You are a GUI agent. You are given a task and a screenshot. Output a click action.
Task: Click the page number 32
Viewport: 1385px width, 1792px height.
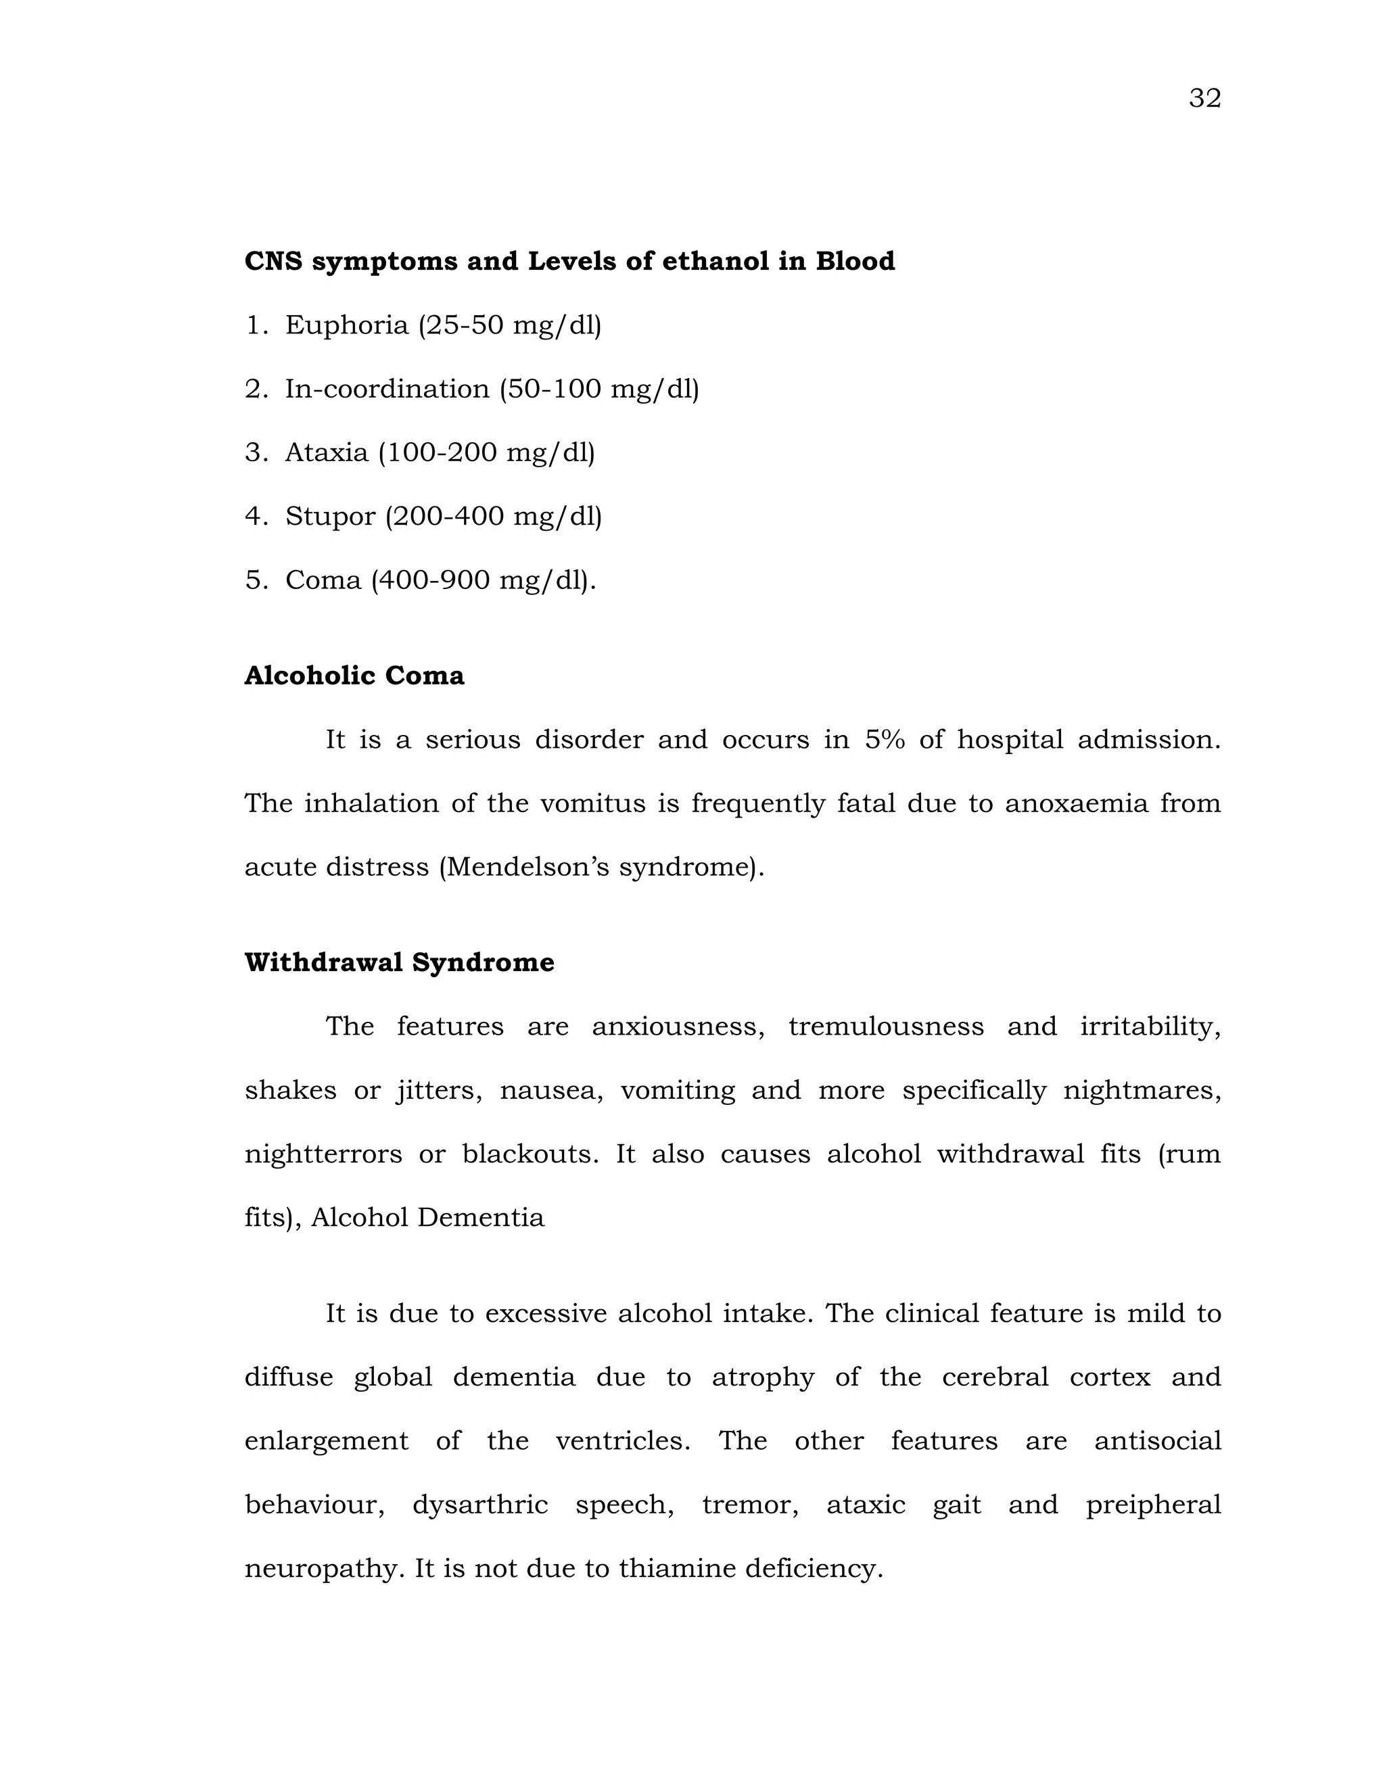pos(1204,99)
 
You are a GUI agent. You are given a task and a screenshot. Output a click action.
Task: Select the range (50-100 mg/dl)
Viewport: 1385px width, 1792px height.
pos(599,389)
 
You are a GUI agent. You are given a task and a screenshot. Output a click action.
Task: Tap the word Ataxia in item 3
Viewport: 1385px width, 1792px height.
pos(327,452)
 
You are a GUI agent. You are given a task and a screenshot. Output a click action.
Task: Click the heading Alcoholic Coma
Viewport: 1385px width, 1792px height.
pos(354,676)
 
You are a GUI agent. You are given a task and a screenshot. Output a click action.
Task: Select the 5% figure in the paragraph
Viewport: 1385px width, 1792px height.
pos(884,739)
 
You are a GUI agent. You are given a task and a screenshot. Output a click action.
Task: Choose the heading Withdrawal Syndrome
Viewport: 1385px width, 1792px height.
pos(400,962)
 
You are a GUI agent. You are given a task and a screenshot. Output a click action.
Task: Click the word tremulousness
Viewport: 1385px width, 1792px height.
pos(885,1027)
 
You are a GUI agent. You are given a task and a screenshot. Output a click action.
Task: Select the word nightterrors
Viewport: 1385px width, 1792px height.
pos(323,1154)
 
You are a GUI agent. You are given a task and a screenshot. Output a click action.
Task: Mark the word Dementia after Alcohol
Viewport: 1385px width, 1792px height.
pos(481,1218)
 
